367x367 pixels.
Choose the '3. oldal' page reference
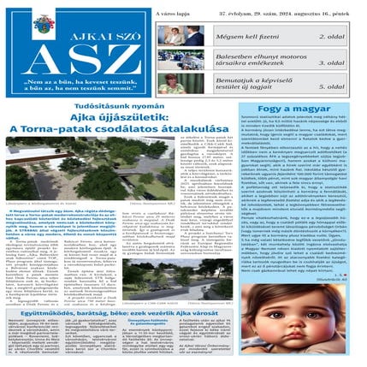coord(334,62)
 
